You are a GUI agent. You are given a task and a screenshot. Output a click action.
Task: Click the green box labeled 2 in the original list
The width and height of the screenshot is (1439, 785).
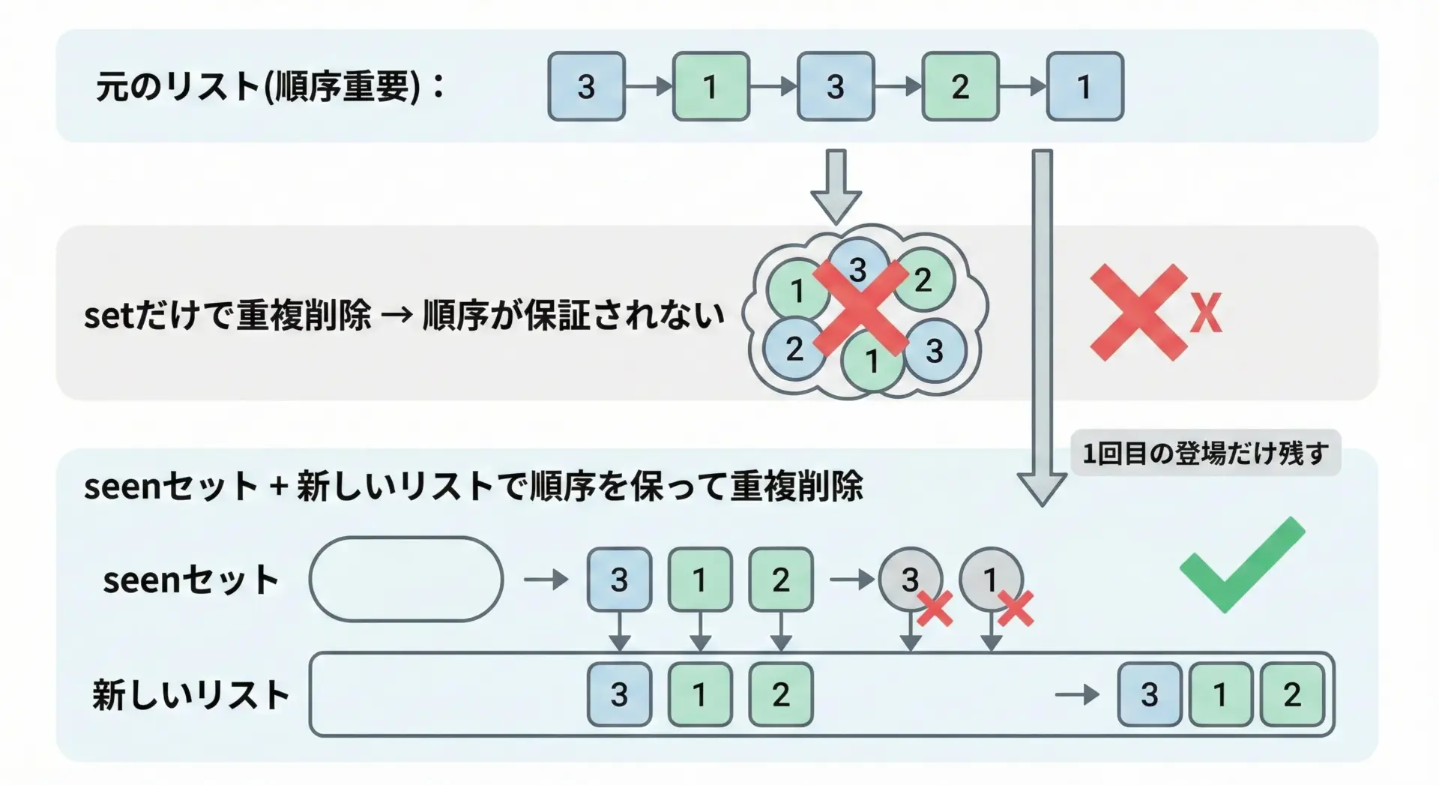[960, 87]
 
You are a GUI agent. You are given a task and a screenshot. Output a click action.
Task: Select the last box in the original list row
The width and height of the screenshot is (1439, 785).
[1084, 87]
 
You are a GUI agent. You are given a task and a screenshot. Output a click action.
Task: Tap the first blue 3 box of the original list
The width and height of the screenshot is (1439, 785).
[586, 87]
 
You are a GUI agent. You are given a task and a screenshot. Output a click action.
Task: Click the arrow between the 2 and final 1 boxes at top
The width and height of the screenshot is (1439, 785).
[1022, 87]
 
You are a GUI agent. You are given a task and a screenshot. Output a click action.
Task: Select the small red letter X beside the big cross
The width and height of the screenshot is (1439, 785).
[1206, 313]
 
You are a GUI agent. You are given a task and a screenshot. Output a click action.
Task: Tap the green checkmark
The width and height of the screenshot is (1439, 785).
[1242, 565]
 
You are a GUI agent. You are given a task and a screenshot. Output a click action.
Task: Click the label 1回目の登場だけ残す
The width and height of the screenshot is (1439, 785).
[1205, 454]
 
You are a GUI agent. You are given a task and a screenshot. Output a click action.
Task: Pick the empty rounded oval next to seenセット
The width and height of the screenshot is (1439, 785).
[405, 580]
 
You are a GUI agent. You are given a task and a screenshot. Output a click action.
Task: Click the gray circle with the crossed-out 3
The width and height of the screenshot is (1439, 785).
[910, 579]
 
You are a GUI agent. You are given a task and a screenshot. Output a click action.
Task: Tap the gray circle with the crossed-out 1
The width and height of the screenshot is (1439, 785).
[991, 579]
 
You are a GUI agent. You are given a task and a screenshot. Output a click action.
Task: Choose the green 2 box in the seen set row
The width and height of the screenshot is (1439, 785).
[781, 580]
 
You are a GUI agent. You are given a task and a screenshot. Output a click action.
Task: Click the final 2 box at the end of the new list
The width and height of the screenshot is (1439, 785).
[1292, 695]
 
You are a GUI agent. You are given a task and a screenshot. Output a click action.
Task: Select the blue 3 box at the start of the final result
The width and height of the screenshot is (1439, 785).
[1150, 695]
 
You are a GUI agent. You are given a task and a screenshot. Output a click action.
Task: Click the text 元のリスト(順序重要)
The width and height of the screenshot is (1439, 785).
[259, 87]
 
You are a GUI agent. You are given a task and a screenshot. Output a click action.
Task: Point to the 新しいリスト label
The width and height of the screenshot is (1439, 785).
[191, 695]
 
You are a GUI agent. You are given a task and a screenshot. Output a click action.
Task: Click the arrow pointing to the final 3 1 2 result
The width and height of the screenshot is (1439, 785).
[1076, 695]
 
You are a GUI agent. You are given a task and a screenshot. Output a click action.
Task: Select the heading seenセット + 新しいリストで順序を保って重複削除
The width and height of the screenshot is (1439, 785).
[473, 487]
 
